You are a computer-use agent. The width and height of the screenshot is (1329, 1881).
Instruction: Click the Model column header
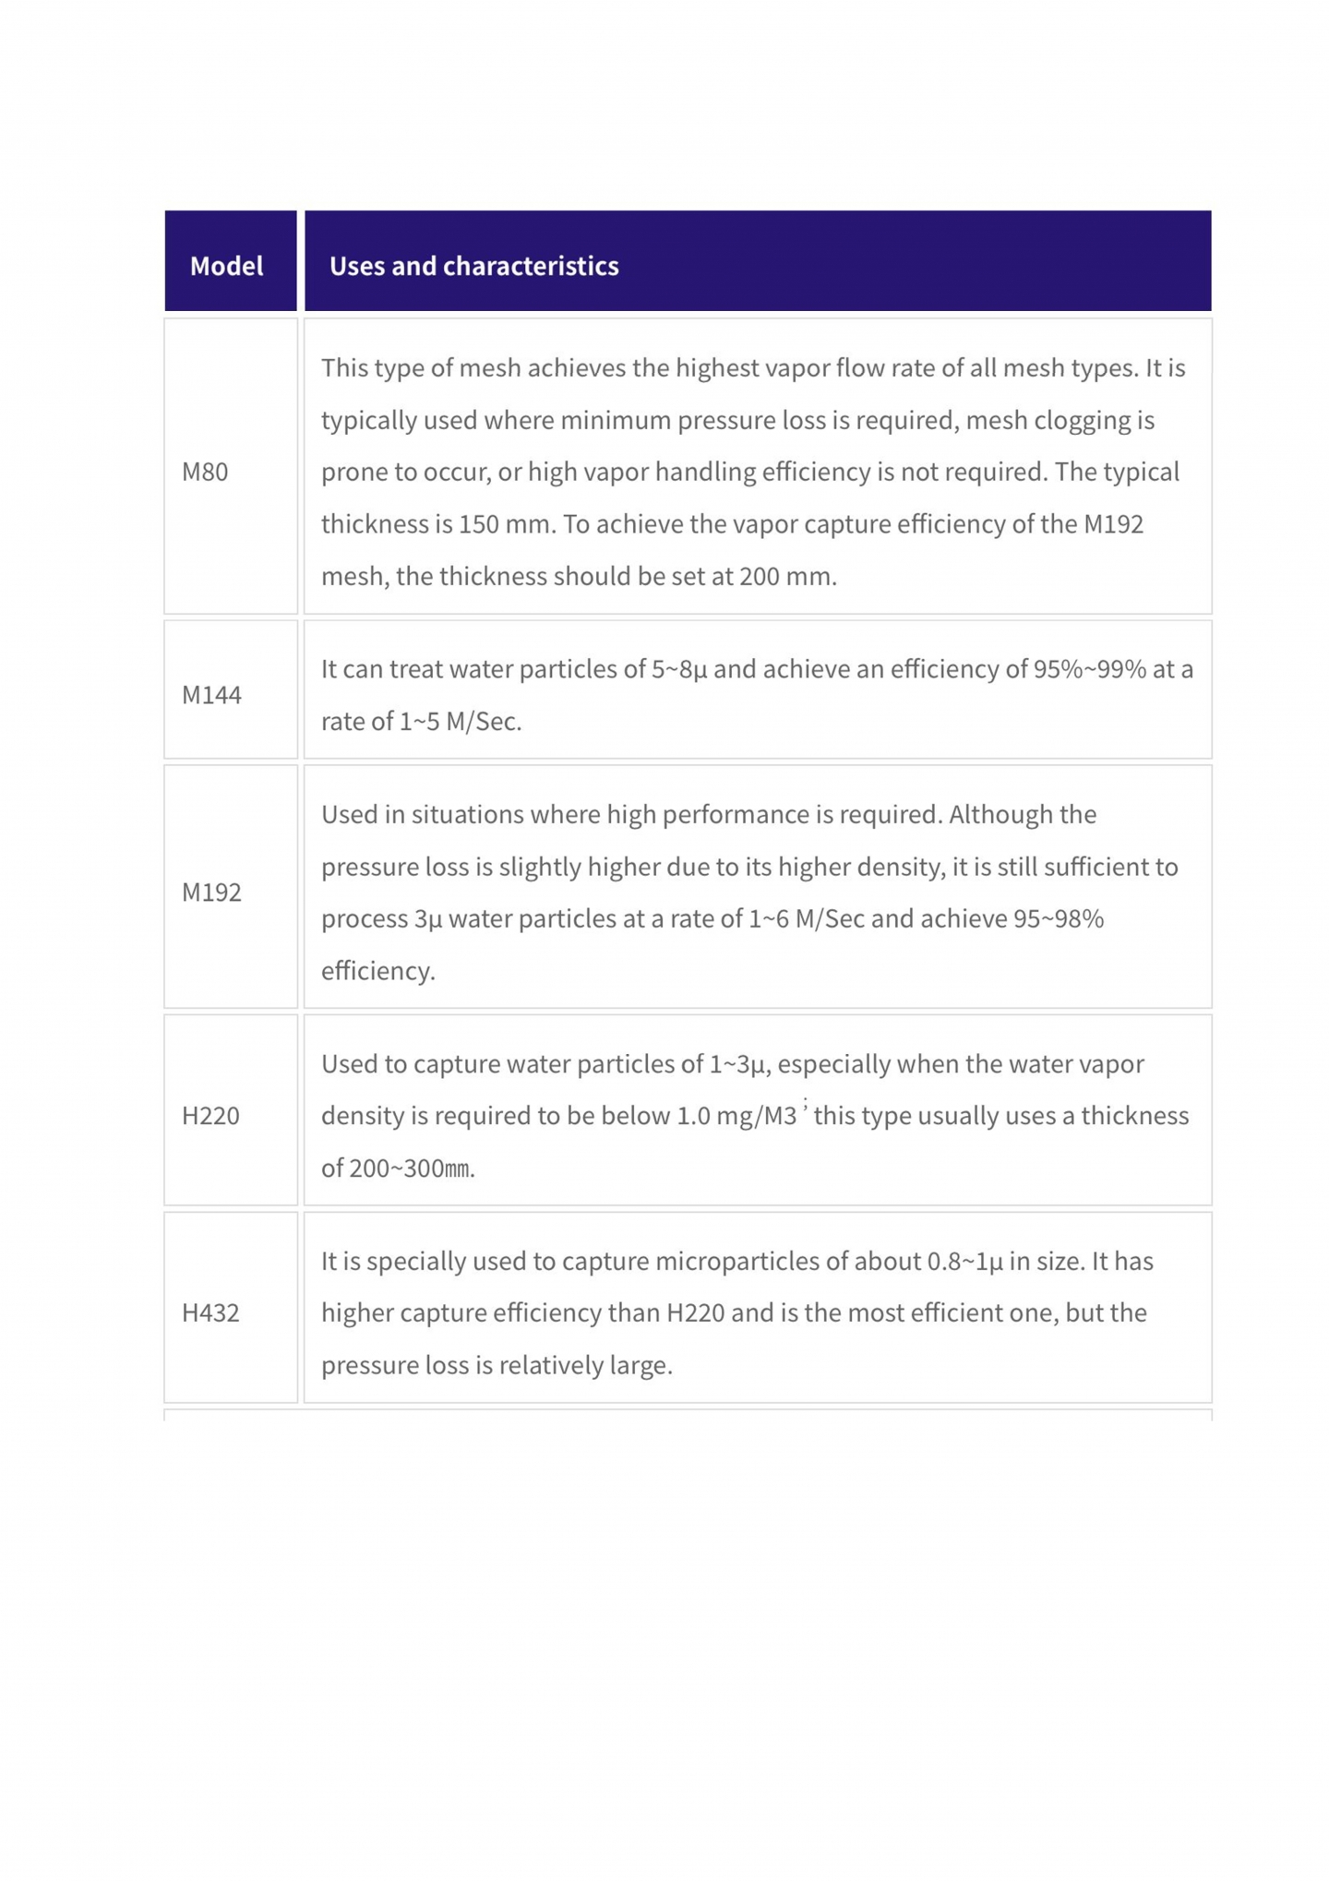coord(226,266)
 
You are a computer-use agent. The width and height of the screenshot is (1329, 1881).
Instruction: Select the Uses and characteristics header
coord(473,266)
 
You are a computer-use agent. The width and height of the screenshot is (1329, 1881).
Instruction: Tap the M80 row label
coord(205,472)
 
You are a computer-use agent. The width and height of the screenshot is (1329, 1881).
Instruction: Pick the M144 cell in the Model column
coord(211,694)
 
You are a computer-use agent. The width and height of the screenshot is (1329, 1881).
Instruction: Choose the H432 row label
coord(210,1312)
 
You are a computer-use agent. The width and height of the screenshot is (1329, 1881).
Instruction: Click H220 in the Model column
coord(210,1115)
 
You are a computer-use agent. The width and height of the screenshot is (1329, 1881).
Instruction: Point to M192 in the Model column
coord(211,892)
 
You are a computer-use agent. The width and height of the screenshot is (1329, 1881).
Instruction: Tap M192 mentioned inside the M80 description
coord(1113,524)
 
